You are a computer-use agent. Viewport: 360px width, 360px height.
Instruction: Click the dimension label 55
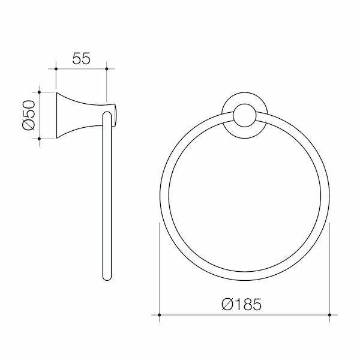(80, 58)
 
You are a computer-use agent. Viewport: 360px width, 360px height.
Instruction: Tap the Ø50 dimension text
(28, 116)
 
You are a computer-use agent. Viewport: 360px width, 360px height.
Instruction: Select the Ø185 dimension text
(241, 304)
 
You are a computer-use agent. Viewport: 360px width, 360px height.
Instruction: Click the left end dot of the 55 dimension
(55, 70)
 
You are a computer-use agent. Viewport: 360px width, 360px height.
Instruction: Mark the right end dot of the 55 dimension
(106, 70)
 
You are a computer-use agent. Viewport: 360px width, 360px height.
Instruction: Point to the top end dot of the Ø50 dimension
(40, 92)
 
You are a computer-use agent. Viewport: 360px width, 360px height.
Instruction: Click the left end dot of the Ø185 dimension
(159, 314)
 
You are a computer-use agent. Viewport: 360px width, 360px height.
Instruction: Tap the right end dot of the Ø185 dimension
(329, 314)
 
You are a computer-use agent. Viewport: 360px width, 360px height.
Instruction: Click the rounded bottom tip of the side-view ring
(107, 277)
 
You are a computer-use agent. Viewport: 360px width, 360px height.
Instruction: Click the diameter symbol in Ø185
(227, 304)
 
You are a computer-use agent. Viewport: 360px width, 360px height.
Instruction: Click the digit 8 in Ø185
(247, 304)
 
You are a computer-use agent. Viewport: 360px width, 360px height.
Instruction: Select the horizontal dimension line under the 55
(80, 70)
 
